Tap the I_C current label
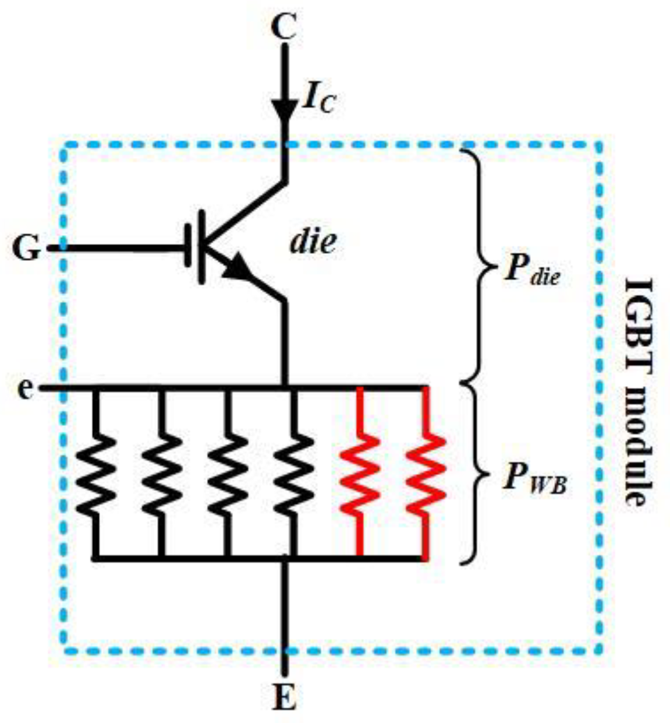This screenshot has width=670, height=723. (319, 99)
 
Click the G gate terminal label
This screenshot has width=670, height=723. (27, 249)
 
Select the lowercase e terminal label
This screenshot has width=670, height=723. (25, 388)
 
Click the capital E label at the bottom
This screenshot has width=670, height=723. (285, 697)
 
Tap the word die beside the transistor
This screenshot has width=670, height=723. (314, 240)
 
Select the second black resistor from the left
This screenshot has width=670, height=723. (161, 474)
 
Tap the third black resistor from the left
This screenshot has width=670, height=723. (227, 474)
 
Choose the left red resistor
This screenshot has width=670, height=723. (360, 474)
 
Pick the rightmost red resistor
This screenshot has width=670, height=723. (426, 474)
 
